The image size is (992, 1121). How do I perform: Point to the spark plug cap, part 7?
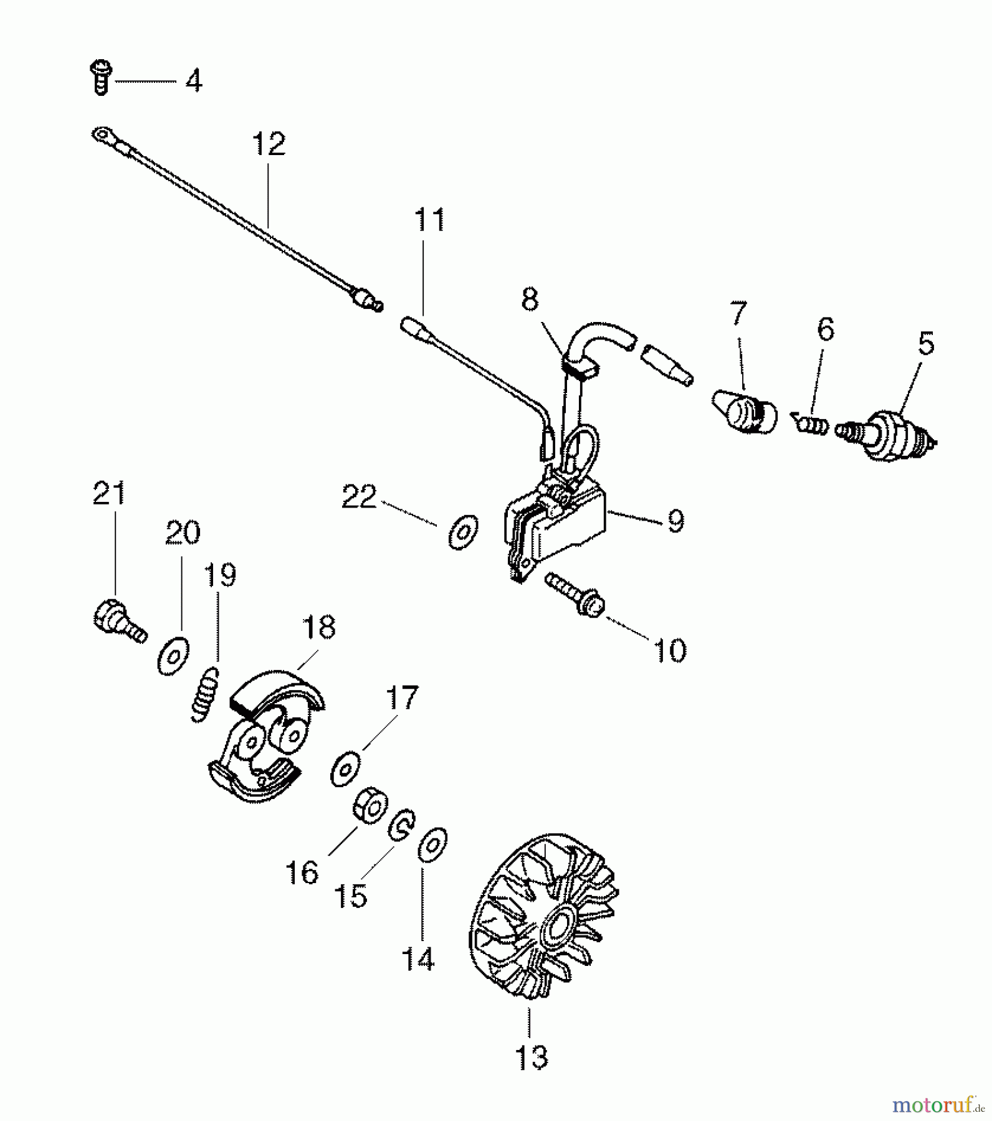pos(745,410)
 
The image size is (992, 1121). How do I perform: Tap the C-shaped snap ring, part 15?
pos(402,826)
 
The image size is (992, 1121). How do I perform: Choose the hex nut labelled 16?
pos(370,808)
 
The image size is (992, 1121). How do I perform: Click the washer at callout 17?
pos(346,769)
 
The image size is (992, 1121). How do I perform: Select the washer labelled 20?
pos(173,656)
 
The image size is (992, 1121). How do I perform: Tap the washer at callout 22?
pos(463,532)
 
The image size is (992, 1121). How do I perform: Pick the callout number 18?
pos(318,628)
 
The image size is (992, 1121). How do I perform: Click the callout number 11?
pos(429,220)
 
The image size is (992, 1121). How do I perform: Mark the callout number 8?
pos(530,300)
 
